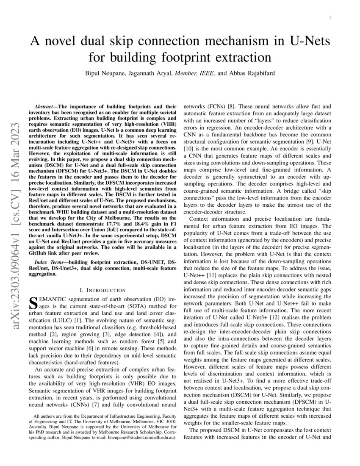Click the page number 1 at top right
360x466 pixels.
[x=330, y=17]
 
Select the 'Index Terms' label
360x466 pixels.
[x=50, y=263]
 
